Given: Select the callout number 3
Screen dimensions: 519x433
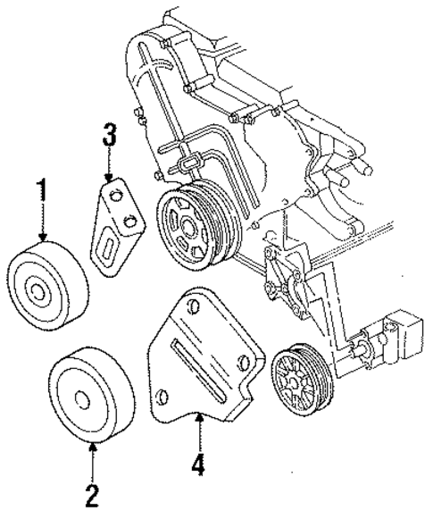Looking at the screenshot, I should (x=109, y=137).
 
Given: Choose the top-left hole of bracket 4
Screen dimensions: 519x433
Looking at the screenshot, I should (x=187, y=307).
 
